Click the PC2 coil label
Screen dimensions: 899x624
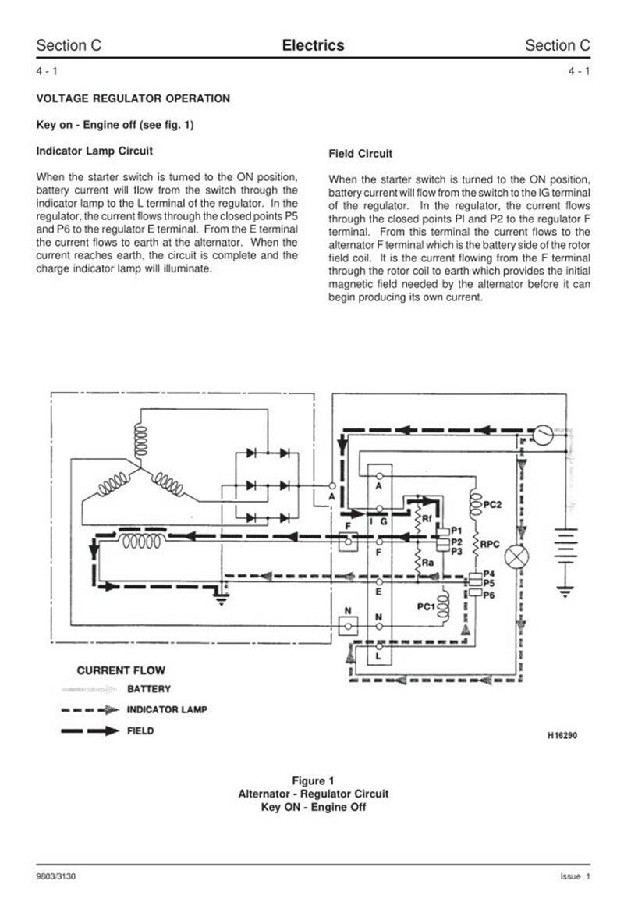coord(492,504)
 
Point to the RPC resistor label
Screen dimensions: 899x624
coord(491,543)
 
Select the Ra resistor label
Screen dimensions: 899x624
coord(427,561)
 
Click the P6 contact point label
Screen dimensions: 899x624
coord(489,595)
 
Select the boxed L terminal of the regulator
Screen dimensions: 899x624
coord(379,657)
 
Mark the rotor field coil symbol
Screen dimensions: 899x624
coord(141,540)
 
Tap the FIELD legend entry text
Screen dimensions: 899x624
coord(141,731)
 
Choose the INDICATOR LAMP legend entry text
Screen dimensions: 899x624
coord(165,710)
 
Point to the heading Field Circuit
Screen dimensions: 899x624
coord(360,154)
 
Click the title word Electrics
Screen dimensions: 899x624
coord(313,46)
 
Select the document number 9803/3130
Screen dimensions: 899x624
coord(56,877)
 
